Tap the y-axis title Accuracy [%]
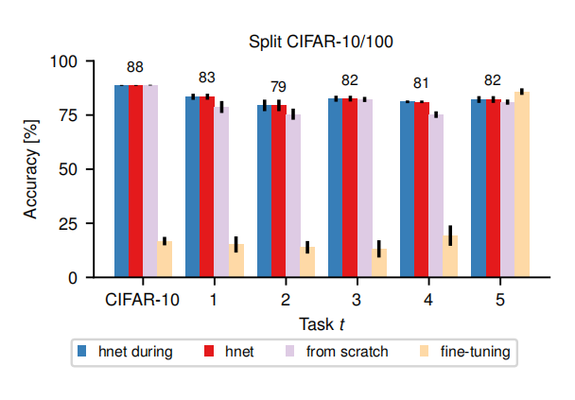(31, 169)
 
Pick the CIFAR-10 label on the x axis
(143, 300)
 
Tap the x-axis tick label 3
(357, 300)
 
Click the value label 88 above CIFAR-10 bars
(135, 67)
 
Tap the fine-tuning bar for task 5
(521, 184)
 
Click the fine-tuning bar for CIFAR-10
(165, 259)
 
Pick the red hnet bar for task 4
(421, 189)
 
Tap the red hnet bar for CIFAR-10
(136, 181)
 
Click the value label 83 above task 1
(207, 78)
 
